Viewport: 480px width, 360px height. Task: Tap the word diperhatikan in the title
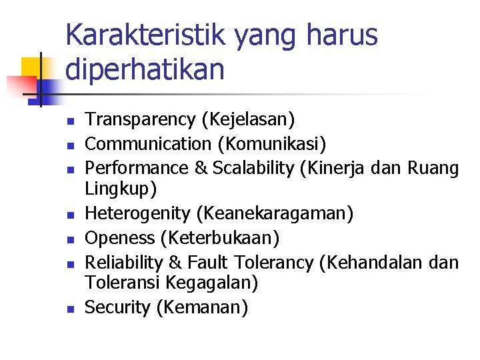coord(145,69)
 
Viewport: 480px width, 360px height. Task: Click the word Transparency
coord(139,120)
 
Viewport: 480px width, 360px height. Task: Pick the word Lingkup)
coord(121,189)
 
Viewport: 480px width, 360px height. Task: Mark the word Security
coord(118,308)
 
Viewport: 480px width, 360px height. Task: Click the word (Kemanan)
coord(202,308)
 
